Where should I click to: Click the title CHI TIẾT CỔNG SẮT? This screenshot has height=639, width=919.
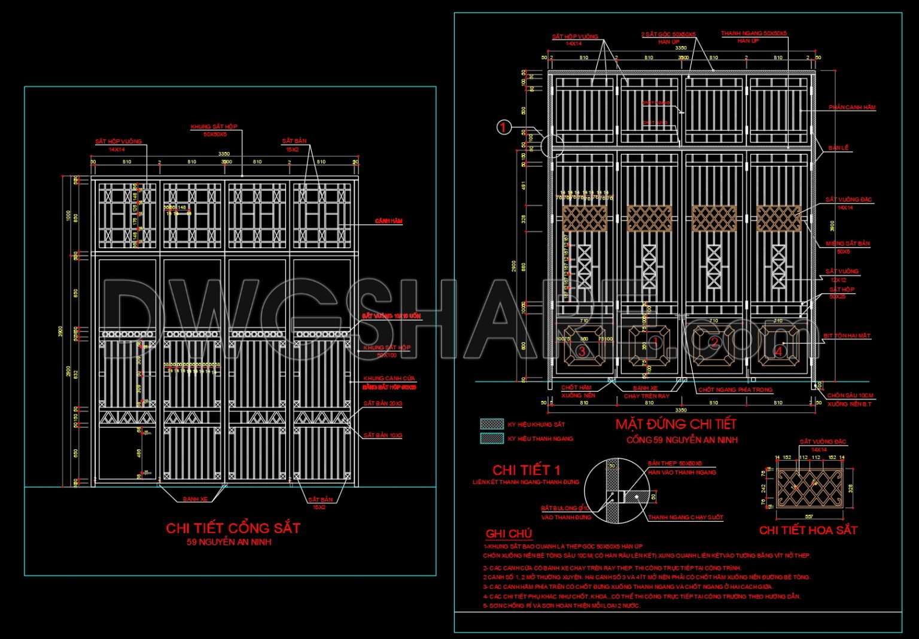pyautogui.click(x=233, y=528)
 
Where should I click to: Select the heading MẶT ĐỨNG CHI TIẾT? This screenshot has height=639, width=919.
pyautogui.click(x=675, y=424)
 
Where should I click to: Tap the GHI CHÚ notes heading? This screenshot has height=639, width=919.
pyautogui.click(x=509, y=534)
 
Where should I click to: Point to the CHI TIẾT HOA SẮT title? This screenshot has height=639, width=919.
pyautogui.click(x=808, y=530)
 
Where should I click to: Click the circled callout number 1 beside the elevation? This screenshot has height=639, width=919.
pyautogui.click(x=504, y=127)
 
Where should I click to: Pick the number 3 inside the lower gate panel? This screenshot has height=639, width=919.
pyautogui.click(x=582, y=351)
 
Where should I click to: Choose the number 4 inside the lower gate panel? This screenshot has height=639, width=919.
pyautogui.click(x=778, y=351)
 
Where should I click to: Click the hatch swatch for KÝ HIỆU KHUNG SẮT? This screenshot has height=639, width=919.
pyautogui.click(x=492, y=424)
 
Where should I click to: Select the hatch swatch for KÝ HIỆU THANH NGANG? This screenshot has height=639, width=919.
pyautogui.click(x=492, y=438)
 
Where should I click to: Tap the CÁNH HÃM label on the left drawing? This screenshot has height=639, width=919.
pyautogui.click(x=388, y=221)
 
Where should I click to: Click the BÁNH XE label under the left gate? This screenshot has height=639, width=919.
pyautogui.click(x=195, y=499)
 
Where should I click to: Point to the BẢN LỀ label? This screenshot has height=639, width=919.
pyautogui.click(x=838, y=148)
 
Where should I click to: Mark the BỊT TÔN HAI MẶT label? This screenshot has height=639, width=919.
pyautogui.click(x=847, y=336)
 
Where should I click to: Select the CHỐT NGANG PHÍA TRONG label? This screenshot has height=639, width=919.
pyautogui.click(x=735, y=390)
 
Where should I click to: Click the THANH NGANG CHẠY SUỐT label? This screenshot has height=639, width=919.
pyautogui.click(x=686, y=518)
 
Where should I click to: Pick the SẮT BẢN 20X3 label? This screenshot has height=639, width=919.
pyautogui.click(x=383, y=404)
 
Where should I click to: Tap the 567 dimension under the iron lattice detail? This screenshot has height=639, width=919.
pyautogui.click(x=809, y=516)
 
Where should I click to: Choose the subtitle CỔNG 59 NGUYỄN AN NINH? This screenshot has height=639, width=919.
pyautogui.click(x=681, y=440)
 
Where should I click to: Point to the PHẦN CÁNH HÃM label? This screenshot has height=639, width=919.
pyautogui.click(x=852, y=108)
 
